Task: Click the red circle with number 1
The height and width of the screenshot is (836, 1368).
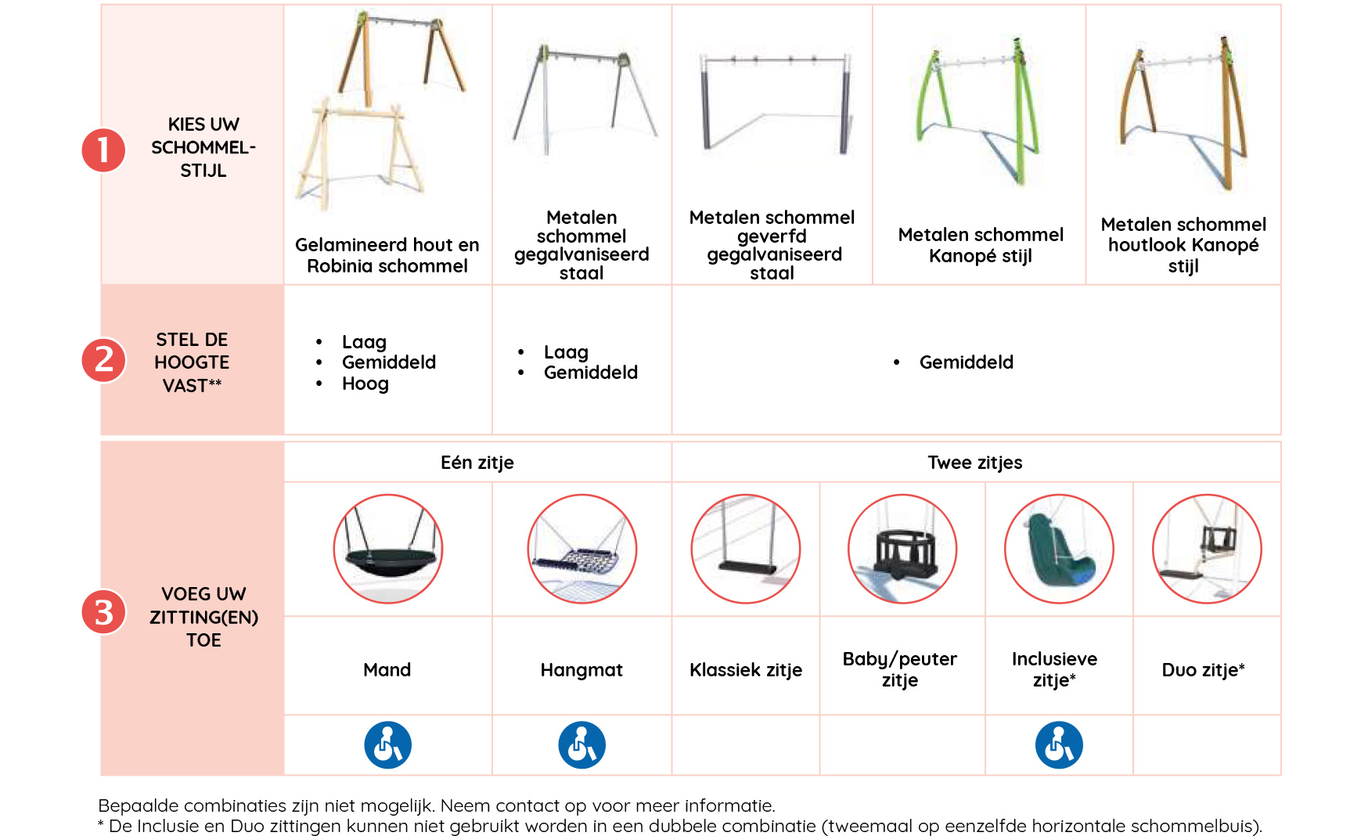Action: (104, 150)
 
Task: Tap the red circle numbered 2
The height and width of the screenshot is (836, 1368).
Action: (104, 360)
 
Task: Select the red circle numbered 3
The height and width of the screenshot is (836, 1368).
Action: (104, 612)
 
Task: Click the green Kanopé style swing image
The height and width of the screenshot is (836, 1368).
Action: (979, 110)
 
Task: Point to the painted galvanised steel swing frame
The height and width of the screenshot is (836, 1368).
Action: (773, 103)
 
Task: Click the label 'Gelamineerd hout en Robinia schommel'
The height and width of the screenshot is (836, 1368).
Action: (387, 255)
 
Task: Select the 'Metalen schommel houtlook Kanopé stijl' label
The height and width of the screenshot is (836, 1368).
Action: (1183, 245)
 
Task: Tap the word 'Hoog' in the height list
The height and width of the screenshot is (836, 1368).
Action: (365, 384)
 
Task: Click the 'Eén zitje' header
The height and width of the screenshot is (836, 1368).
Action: (477, 463)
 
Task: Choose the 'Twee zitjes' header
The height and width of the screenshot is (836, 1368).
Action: (975, 463)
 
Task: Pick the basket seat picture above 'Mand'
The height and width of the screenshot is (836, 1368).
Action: (388, 549)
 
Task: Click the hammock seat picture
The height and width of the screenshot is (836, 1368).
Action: (582, 549)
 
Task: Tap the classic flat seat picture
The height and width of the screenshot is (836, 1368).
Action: (746, 549)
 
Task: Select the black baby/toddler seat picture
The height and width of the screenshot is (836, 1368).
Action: (903, 549)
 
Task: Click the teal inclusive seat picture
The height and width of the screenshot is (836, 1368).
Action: (1060, 549)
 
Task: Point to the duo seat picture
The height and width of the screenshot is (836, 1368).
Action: (1208, 549)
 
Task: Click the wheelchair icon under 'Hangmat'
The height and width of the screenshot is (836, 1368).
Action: (582, 744)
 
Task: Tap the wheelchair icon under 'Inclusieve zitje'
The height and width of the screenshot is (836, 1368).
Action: (1060, 744)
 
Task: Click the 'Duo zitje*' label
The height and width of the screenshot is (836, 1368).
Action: (1204, 670)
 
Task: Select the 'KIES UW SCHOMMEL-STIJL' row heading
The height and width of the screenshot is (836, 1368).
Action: (203, 147)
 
